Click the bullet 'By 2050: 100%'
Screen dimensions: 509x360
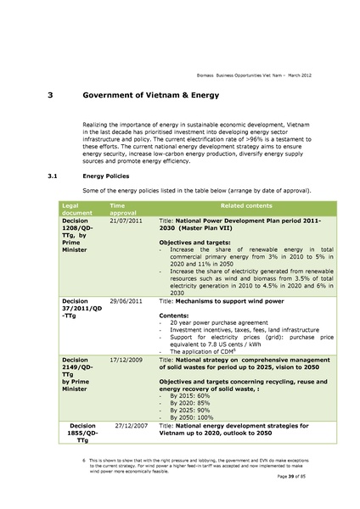pyautogui.click(x=198, y=416)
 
